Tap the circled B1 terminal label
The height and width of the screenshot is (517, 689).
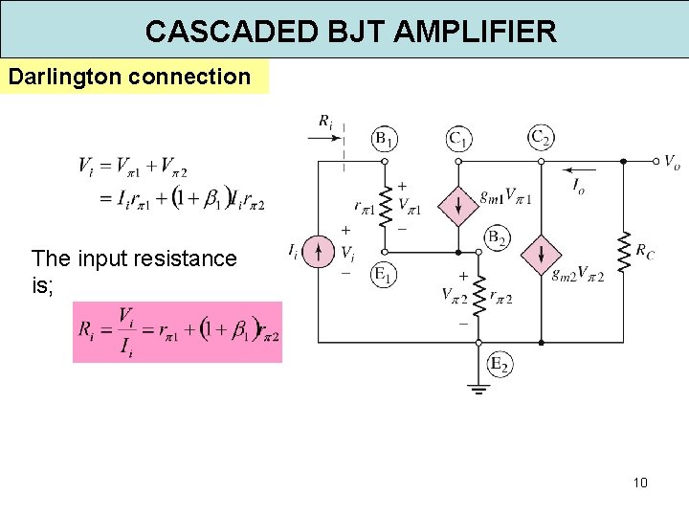[x=385, y=140]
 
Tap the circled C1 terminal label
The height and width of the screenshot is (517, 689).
[x=459, y=140]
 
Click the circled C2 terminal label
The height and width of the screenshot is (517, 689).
[x=542, y=138]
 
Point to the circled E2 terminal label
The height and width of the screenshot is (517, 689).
[x=499, y=364]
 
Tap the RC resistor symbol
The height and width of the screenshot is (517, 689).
[x=624, y=253]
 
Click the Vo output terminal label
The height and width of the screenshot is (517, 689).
[x=672, y=163]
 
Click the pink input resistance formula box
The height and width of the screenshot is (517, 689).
[x=177, y=332]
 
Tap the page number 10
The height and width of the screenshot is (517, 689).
[x=640, y=483]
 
